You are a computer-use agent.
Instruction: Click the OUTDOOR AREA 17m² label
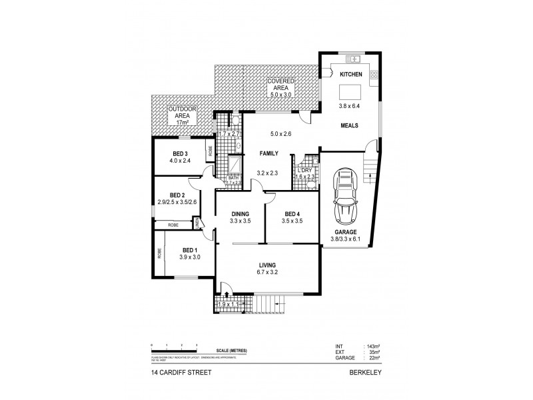[178, 115]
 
